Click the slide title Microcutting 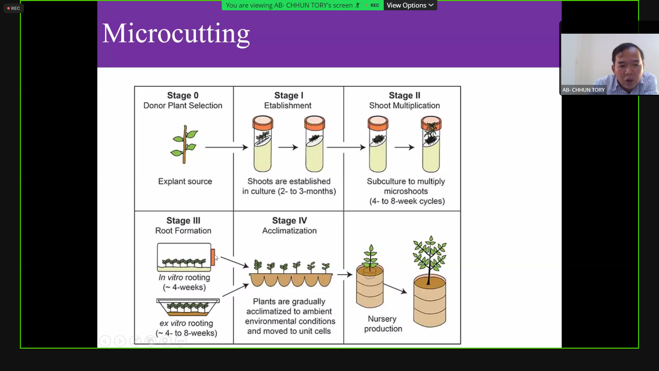pyautogui.click(x=176, y=34)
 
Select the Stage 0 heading pyautogui.click(x=183, y=95)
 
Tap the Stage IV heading pyautogui.click(x=289, y=221)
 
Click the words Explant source pyautogui.click(x=185, y=181)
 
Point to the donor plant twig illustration pyautogui.click(x=184, y=145)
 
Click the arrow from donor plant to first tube pyautogui.click(x=227, y=147)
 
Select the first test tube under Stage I pyautogui.click(x=263, y=144)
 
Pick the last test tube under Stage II pyautogui.click(x=431, y=144)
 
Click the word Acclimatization pyautogui.click(x=289, y=231)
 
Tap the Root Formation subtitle pyautogui.click(x=183, y=231)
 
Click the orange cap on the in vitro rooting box pyautogui.click(x=213, y=257)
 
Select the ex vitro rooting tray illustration pyautogui.click(x=188, y=307)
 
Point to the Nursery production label pyautogui.click(x=383, y=324)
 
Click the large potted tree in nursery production pyautogui.click(x=429, y=282)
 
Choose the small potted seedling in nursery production pyautogui.click(x=370, y=276)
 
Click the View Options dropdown pyautogui.click(x=410, y=5)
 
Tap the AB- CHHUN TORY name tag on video pyautogui.click(x=583, y=90)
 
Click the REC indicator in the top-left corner pyautogui.click(x=14, y=8)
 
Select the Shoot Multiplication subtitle pyautogui.click(x=404, y=105)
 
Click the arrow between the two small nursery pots pyautogui.click(x=395, y=289)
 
